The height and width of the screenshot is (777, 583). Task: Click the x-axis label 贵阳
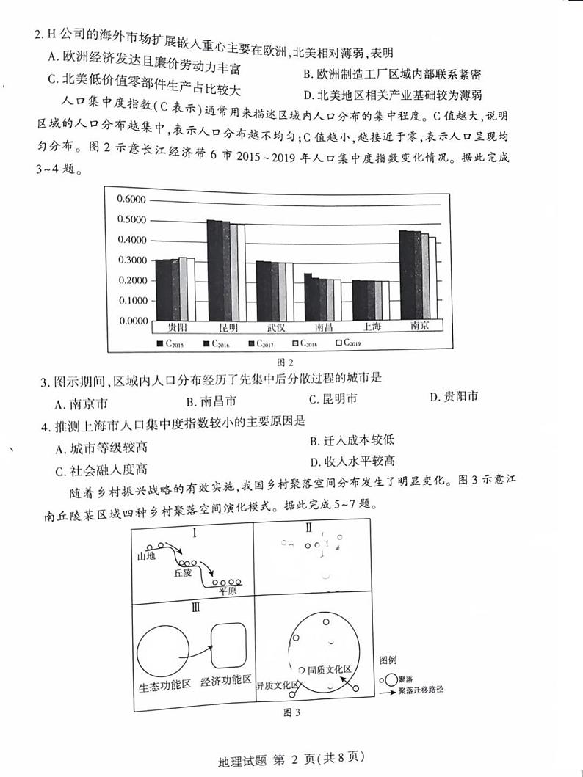point(176,327)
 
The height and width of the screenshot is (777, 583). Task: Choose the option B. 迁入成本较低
point(352,440)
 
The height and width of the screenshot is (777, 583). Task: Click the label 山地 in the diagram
point(146,555)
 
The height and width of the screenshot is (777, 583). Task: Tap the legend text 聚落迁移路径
point(421,690)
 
